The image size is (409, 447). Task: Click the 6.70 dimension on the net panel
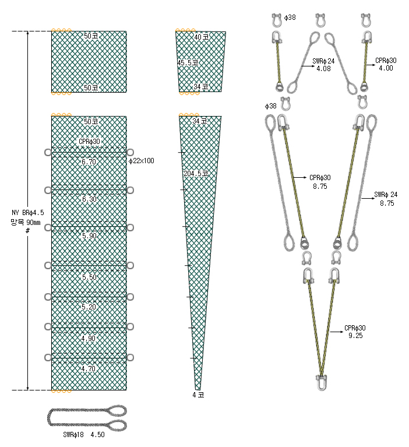[x=89, y=161]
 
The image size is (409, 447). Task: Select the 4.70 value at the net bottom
[x=89, y=368]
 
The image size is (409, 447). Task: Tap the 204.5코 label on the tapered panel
[x=196, y=173]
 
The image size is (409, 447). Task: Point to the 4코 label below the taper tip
[x=198, y=395]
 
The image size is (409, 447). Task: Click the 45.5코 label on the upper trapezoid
[x=188, y=62]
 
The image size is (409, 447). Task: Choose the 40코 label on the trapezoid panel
[x=202, y=37]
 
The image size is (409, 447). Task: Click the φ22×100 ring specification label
[x=142, y=161]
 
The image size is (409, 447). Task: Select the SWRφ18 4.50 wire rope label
[x=84, y=435]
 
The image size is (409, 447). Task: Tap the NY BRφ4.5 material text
[x=27, y=213]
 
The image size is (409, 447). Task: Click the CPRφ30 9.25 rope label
[x=355, y=332]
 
